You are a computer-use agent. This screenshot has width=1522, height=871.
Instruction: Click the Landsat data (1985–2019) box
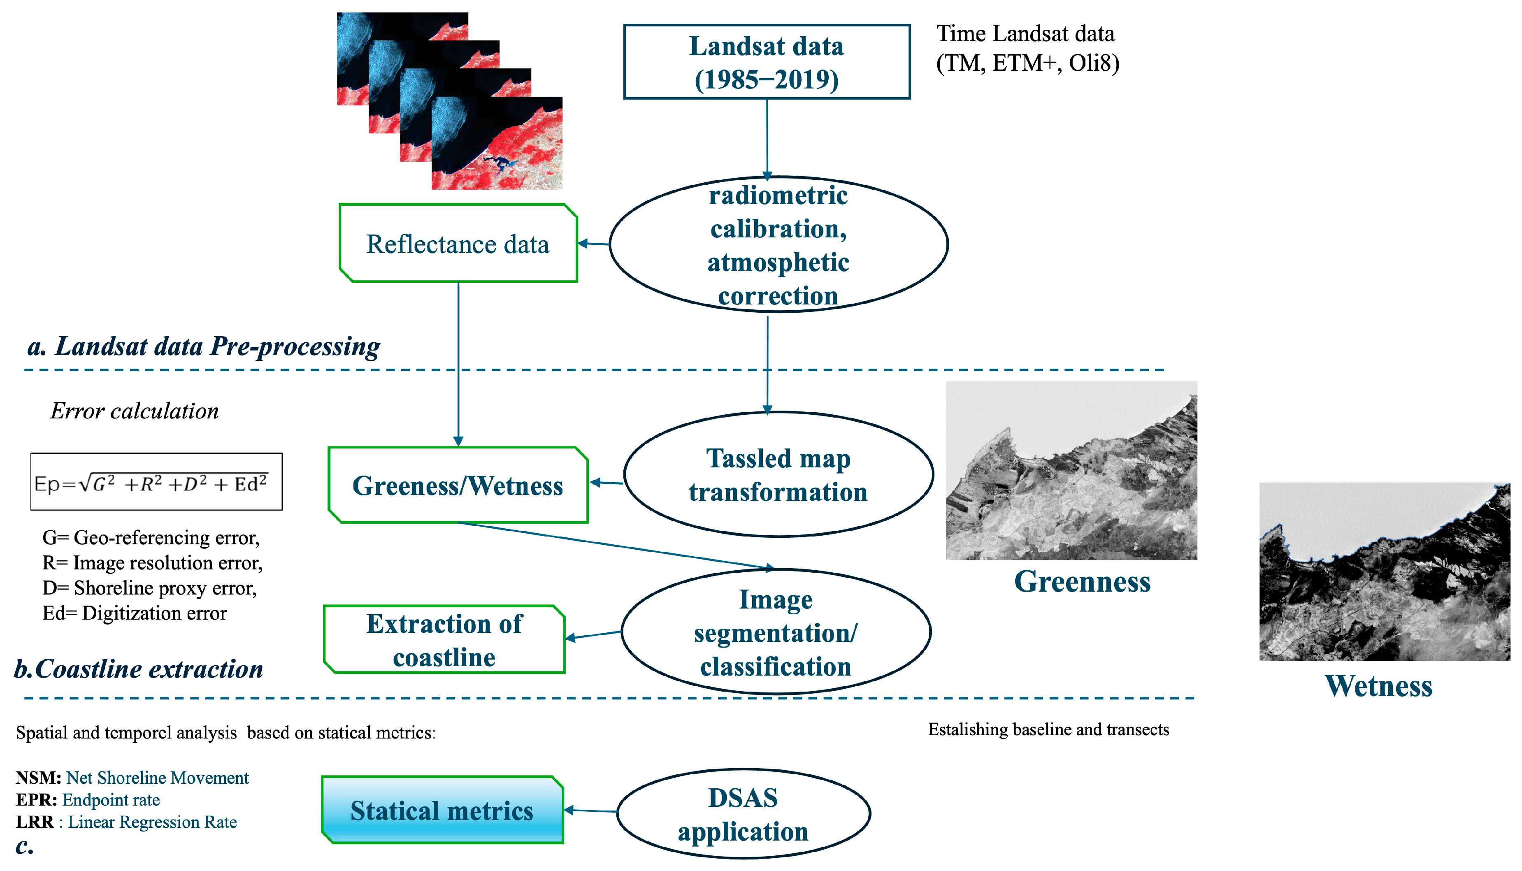(x=767, y=62)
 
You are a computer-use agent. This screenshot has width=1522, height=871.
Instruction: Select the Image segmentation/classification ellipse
(x=776, y=632)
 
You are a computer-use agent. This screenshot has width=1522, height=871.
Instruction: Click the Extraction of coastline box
(x=444, y=640)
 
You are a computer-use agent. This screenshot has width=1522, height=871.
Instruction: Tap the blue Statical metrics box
(x=442, y=811)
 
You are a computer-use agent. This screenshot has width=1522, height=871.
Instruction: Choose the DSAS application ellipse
(x=743, y=814)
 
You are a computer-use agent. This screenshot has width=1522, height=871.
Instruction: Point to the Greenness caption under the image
(x=1082, y=581)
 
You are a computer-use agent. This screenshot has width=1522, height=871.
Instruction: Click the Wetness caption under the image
(x=1378, y=685)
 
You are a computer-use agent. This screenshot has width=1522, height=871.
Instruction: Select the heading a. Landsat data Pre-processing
(x=203, y=346)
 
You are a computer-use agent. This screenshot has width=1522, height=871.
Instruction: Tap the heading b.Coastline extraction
(x=139, y=669)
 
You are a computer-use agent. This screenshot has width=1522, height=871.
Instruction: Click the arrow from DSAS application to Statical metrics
(x=590, y=811)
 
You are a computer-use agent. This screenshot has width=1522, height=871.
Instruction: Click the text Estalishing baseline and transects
(x=1048, y=730)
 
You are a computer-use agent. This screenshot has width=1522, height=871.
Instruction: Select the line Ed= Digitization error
(x=135, y=613)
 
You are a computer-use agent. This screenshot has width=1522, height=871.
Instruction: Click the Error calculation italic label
(x=134, y=411)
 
